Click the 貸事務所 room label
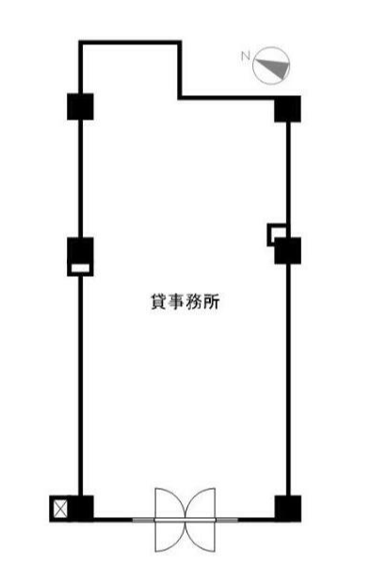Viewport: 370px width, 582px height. click(x=185, y=301)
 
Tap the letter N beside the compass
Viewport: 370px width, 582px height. click(x=246, y=56)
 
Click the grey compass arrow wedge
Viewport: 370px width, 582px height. click(x=275, y=69)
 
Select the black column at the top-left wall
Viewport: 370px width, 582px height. click(x=80, y=106)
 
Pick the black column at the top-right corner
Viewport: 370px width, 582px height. click(x=287, y=108)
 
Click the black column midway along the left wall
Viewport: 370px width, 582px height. click(x=80, y=251)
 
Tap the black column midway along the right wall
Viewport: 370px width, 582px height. click(x=287, y=251)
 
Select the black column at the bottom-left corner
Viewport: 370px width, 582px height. click(x=82, y=508)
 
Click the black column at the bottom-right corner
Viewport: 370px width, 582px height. click(x=287, y=509)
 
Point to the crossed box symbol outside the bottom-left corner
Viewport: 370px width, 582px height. click(x=60, y=509)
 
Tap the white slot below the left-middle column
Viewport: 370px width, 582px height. click(x=80, y=268)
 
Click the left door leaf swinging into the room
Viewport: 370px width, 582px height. click(x=170, y=503)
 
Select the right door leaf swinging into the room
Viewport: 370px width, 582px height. click(x=201, y=503)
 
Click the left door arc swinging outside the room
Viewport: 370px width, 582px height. click(x=170, y=537)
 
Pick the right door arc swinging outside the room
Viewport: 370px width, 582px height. click(x=201, y=537)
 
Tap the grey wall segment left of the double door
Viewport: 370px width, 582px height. click(x=144, y=520)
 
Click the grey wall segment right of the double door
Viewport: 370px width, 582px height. click(x=227, y=520)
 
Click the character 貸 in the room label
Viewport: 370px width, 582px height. click(x=158, y=301)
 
